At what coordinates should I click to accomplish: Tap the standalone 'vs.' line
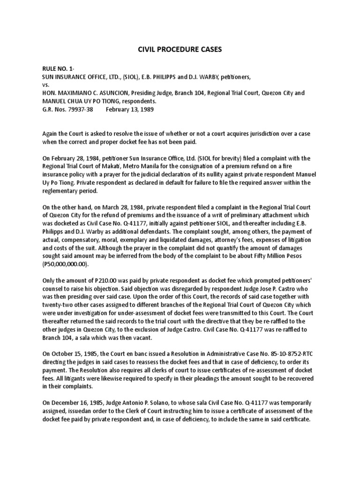pos(45,85)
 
